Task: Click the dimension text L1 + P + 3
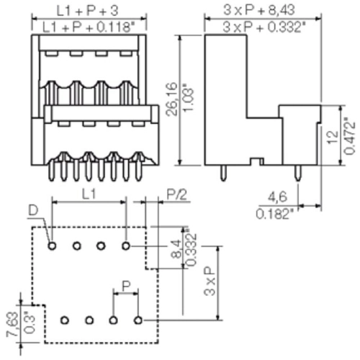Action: [x=87, y=11]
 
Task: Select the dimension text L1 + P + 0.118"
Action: [x=87, y=27]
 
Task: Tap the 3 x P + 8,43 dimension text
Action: [x=259, y=10]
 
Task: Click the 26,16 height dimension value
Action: [x=172, y=99]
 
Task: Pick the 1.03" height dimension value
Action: [x=188, y=99]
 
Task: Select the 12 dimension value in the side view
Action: [x=333, y=138]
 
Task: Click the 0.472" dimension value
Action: [x=349, y=136]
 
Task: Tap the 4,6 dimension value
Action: [x=277, y=197]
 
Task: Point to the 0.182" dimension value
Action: [x=275, y=214]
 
